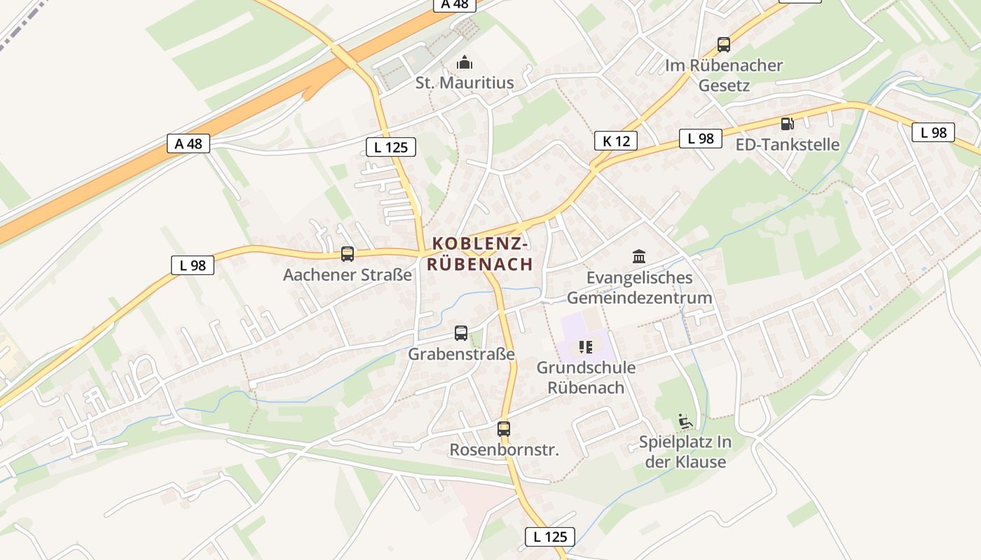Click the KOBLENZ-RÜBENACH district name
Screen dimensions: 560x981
(x=480, y=253)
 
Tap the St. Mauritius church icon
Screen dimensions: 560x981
(x=465, y=63)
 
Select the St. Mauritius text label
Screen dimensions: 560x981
(x=465, y=83)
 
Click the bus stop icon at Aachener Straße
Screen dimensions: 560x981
(x=348, y=253)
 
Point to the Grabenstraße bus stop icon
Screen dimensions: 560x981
(x=461, y=333)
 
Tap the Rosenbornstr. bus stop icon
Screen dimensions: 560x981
(x=504, y=428)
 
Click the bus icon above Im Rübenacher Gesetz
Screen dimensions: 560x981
(x=724, y=45)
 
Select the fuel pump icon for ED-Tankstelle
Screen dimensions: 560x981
(x=788, y=124)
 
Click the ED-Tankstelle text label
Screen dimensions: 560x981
(x=788, y=145)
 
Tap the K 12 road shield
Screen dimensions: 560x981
(x=616, y=141)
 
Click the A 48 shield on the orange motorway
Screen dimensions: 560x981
(x=188, y=143)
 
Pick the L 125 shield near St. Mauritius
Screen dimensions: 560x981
(x=391, y=146)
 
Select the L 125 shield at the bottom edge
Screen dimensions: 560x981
(x=550, y=537)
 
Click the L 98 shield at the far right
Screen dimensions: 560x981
(x=933, y=132)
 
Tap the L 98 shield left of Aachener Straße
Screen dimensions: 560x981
(x=193, y=265)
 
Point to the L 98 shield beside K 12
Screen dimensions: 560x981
(x=701, y=138)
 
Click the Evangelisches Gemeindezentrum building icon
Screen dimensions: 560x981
(x=639, y=256)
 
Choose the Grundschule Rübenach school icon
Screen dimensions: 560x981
(x=586, y=346)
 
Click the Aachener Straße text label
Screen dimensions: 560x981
(x=348, y=275)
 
